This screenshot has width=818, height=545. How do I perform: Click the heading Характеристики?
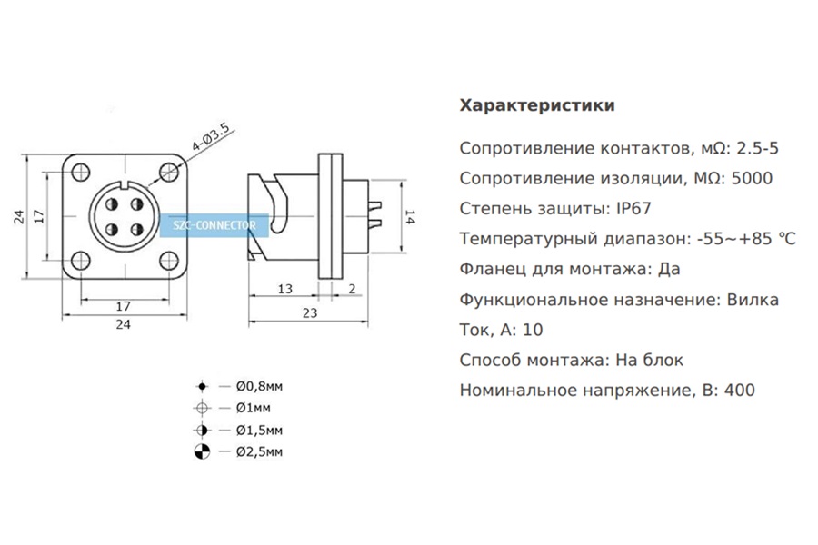click(x=537, y=105)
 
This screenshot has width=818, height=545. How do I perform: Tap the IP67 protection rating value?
click(x=633, y=208)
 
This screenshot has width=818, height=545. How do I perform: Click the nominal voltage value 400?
click(x=739, y=391)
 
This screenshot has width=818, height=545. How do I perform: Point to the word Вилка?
click(x=753, y=299)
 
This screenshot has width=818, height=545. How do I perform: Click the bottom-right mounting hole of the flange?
click(x=168, y=261)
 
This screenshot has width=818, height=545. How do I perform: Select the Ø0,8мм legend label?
click(x=259, y=386)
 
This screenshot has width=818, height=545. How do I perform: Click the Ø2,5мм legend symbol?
click(x=202, y=451)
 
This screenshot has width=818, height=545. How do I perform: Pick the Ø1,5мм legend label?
click(x=259, y=430)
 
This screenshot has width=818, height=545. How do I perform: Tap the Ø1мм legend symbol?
click(x=202, y=408)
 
